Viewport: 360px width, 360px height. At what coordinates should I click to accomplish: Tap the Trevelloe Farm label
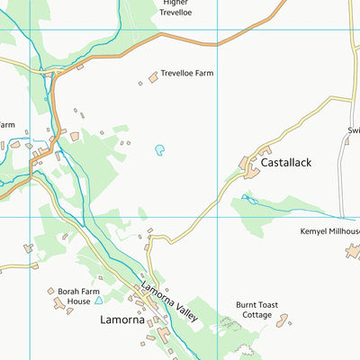pyautogui.click(x=193, y=74)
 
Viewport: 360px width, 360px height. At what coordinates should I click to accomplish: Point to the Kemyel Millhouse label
pyautogui.click(x=329, y=231)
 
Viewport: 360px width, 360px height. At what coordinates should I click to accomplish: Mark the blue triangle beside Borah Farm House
pyautogui.click(x=98, y=300)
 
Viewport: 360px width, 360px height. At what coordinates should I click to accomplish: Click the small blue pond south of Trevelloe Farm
pyautogui.click(x=160, y=150)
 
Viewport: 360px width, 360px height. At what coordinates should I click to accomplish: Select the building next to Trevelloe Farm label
pyautogui.click(x=152, y=78)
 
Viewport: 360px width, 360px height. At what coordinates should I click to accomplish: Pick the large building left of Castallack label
pyautogui.click(x=247, y=166)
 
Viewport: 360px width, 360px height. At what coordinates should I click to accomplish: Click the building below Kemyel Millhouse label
pyautogui.click(x=353, y=251)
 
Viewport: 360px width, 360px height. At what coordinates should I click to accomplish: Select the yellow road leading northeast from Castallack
pyautogui.click(x=306, y=122)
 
